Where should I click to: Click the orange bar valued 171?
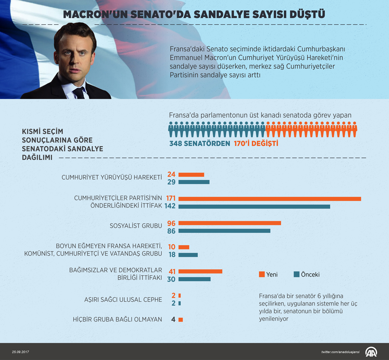tap(270, 199)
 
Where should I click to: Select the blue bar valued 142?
tap(254, 206)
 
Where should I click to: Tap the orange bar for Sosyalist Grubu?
tap(230, 223)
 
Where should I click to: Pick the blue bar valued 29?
tap(194, 182)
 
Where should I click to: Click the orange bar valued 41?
tap(200, 271)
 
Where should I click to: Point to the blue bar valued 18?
tap(188, 255)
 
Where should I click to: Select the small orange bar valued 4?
tap(181, 319)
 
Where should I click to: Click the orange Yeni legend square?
tap(262, 275)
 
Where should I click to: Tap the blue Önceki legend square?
tap(296, 275)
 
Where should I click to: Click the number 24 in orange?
tap(172, 174)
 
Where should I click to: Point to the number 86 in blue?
tap(172, 230)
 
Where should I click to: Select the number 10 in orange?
tap(172, 247)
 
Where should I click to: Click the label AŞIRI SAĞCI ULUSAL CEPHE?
tap(123, 299)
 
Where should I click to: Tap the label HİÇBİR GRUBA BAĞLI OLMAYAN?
tap(117, 319)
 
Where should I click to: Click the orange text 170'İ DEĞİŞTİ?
tap(256, 144)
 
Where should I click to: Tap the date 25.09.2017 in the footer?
tap(20, 352)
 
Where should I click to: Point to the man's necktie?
tap(79, 93)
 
